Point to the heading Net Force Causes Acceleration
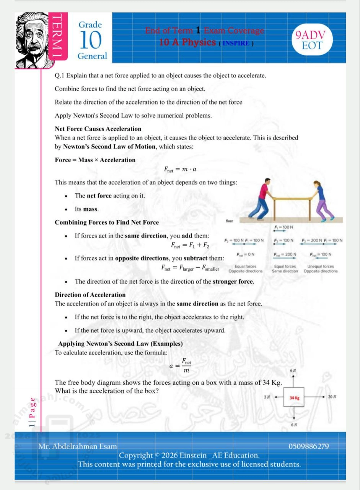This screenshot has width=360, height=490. (x=98, y=129)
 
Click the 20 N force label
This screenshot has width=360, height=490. (x=332, y=397)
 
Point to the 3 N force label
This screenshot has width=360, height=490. (x=267, y=397)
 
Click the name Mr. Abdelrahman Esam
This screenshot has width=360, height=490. (x=78, y=446)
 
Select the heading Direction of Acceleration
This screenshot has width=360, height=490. (x=90, y=295)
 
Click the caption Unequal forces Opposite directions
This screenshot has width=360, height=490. (x=320, y=269)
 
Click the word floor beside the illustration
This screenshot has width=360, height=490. (x=230, y=221)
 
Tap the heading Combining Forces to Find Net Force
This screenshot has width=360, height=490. (x=107, y=222)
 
